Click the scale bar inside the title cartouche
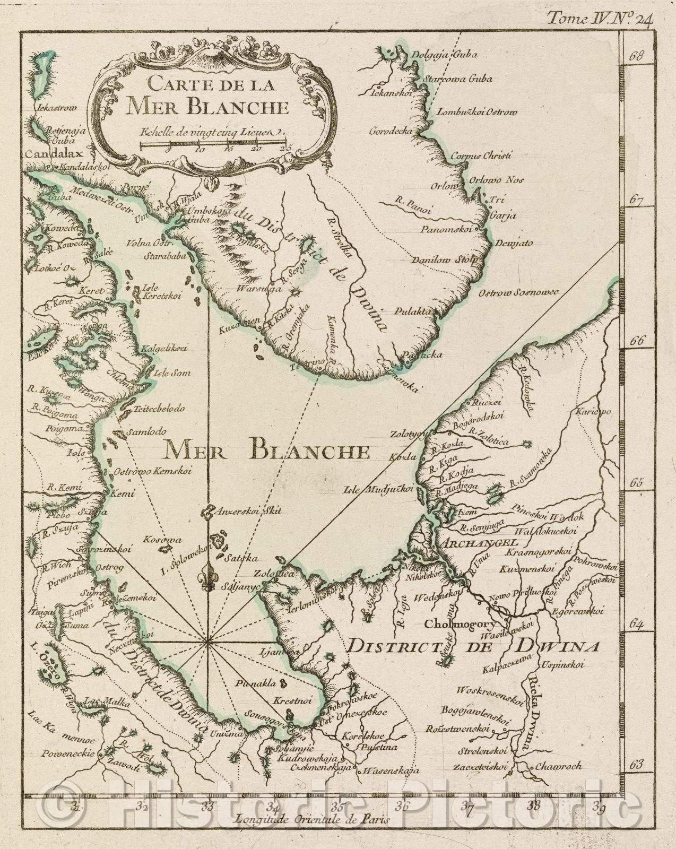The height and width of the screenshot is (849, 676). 213,142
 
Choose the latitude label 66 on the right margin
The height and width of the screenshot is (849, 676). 637,341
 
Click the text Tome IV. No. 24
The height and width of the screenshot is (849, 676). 600,20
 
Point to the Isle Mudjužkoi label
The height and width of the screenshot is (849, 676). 378,490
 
